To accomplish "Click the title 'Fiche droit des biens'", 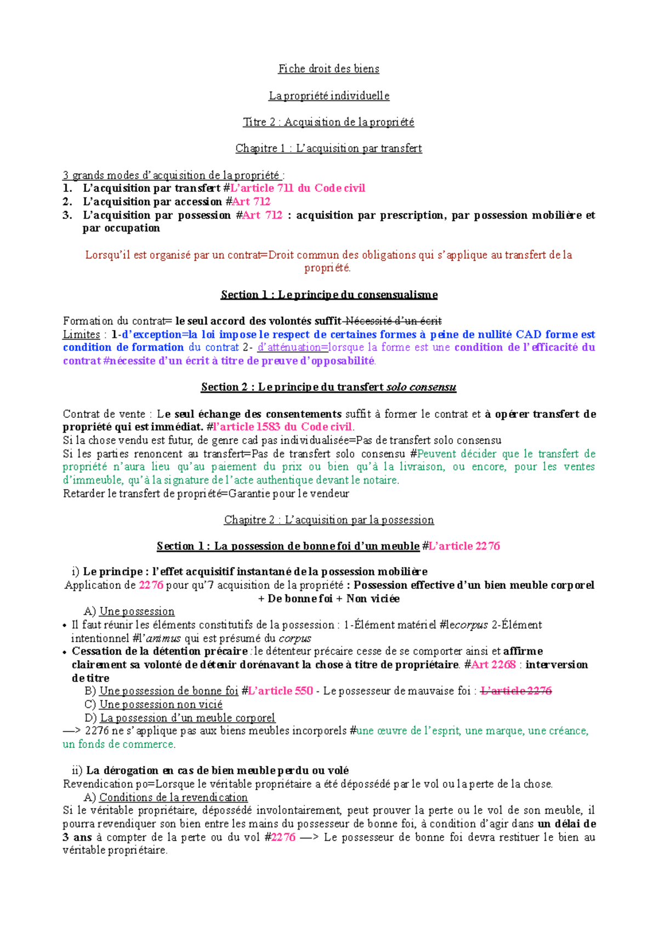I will click(328, 69).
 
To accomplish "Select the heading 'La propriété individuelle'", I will click(328, 96).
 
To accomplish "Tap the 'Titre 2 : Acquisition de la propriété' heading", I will click(328, 122).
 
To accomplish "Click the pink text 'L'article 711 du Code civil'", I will click(298, 188).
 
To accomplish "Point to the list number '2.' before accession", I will click(67, 202).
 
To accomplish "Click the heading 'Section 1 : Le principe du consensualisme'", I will click(329, 295).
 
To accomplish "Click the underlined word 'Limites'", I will click(81, 334).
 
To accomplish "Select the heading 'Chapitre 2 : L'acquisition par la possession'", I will click(329, 520).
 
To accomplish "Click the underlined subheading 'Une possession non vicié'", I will click(161, 705).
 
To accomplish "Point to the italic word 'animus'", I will click(163, 638).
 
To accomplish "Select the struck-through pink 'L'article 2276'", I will click(516, 691).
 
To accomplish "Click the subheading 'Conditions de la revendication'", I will click(173, 797).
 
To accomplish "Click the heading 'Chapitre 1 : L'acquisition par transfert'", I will click(328, 149).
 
